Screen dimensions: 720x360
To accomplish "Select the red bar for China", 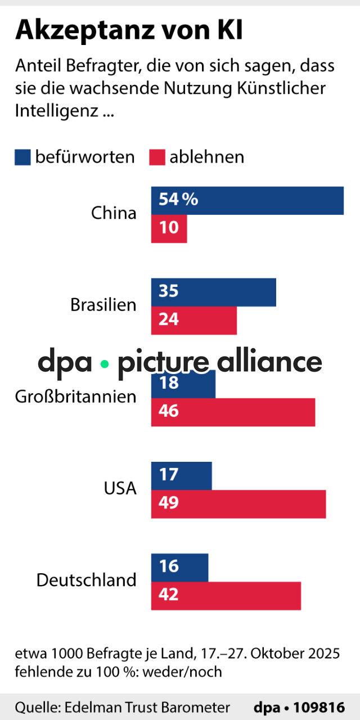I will (169, 228).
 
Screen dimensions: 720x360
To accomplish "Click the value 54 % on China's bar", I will (178, 200).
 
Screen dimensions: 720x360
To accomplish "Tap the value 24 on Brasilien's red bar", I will (169, 319).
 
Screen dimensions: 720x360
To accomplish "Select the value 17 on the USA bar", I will (169, 475).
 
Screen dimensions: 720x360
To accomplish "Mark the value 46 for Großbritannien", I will (169, 411).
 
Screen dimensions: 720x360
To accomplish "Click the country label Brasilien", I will (103, 305).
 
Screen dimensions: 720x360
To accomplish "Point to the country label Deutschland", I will (87, 580).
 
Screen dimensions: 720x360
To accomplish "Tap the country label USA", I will (120, 488).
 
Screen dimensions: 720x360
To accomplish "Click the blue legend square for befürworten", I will (22, 157).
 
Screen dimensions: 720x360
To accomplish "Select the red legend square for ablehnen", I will (156, 157).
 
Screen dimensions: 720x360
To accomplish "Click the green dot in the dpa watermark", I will (104, 364).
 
